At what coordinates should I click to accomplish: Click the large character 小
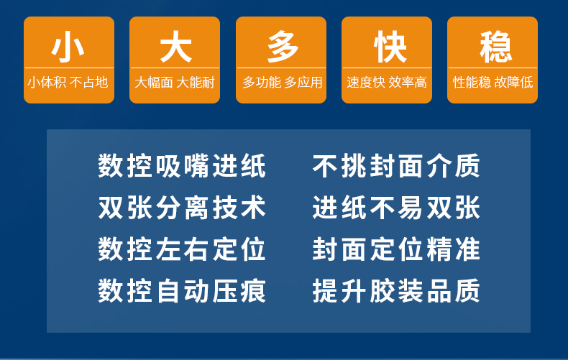pyautogui.click(x=68, y=47)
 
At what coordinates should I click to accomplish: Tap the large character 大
pyautogui.click(x=175, y=47)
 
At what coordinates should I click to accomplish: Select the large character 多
pyautogui.click(x=282, y=47)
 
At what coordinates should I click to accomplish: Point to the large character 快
pyautogui.click(x=390, y=47)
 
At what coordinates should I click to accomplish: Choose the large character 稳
pyautogui.click(x=496, y=47)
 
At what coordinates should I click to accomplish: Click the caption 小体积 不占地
pyautogui.click(x=68, y=83)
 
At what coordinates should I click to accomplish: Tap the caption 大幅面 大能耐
pyautogui.click(x=175, y=83)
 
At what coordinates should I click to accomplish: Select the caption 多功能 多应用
pyautogui.click(x=282, y=83)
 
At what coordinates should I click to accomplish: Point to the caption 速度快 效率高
pyautogui.click(x=387, y=83)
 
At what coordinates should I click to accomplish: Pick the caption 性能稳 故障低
pyautogui.click(x=493, y=83)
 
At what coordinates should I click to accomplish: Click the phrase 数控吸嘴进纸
pyautogui.click(x=182, y=166)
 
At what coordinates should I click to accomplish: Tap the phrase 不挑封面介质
pyautogui.click(x=396, y=166)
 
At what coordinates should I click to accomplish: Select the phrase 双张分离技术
pyautogui.click(x=182, y=208)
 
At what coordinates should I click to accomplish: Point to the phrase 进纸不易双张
pyautogui.click(x=396, y=208)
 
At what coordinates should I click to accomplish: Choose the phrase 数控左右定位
pyautogui.click(x=182, y=249)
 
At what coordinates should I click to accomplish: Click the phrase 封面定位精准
pyautogui.click(x=396, y=249)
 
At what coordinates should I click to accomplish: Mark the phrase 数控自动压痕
pyautogui.click(x=182, y=291)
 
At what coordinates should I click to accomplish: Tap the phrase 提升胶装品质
pyautogui.click(x=396, y=291)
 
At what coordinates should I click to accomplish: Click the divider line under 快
pyautogui.click(x=387, y=68)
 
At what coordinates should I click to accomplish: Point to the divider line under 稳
pyautogui.click(x=493, y=68)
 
